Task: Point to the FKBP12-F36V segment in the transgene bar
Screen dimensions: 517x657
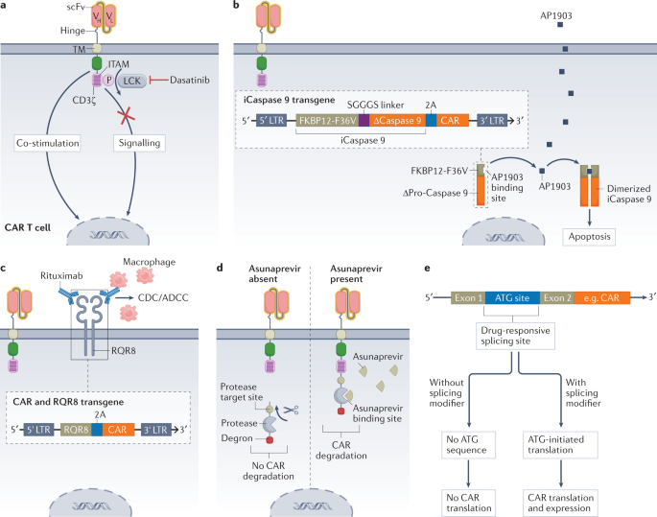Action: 326,122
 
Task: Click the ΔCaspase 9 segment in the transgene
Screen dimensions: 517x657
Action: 396,122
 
